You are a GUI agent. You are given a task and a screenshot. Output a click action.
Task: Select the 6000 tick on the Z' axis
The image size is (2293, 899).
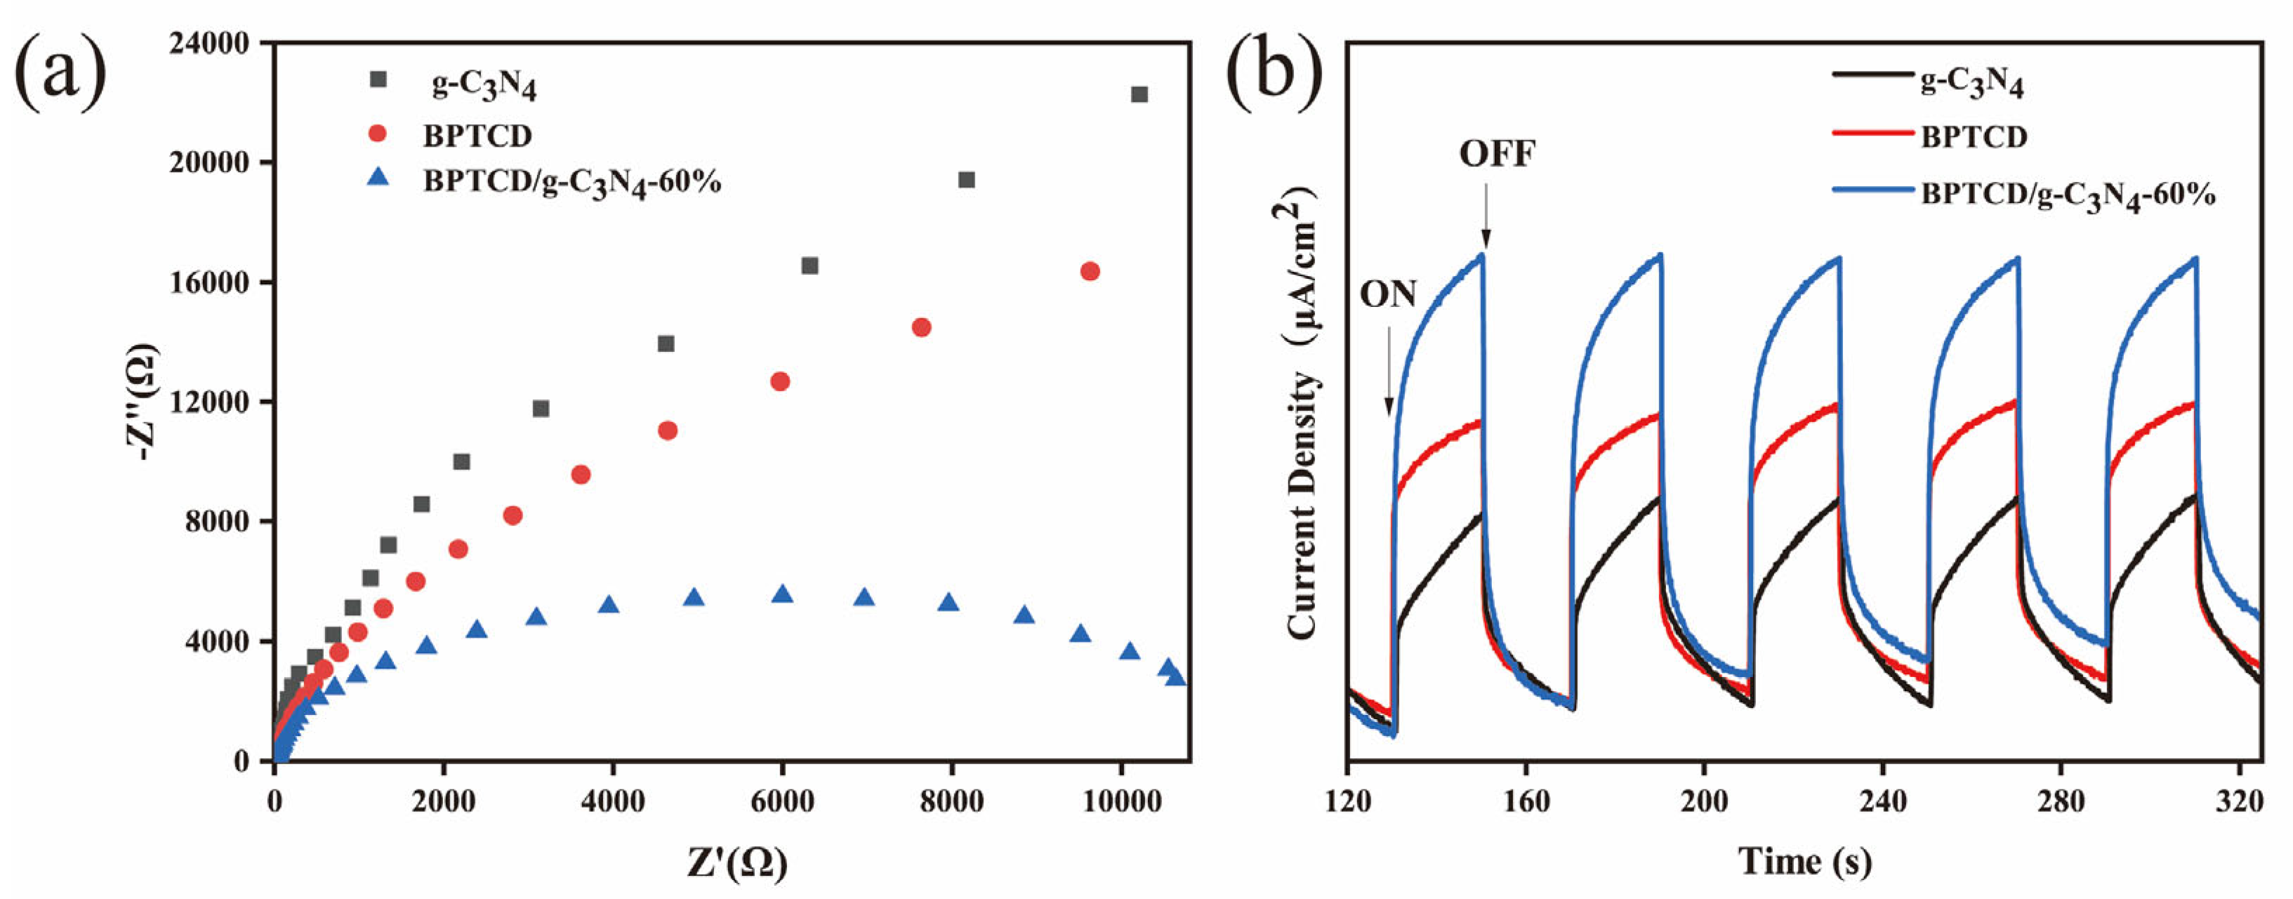(781, 801)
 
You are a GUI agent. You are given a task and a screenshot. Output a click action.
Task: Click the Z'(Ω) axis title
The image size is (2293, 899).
(737, 862)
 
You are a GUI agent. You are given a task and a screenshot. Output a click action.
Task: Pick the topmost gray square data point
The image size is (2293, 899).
(1139, 94)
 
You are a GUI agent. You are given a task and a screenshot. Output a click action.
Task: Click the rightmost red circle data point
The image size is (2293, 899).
(1090, 272)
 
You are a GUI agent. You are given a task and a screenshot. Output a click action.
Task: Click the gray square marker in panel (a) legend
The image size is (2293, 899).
(379, 79)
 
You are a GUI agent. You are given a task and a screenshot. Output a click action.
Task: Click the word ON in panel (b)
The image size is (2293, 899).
(1388, 294)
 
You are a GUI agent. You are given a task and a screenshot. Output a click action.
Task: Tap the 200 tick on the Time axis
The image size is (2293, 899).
(1704, 801)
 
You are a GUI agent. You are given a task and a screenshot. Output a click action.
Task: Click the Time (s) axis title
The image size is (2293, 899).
(1804, 861)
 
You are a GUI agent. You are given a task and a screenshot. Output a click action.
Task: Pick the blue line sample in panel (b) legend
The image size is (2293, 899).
(1872, 190)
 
